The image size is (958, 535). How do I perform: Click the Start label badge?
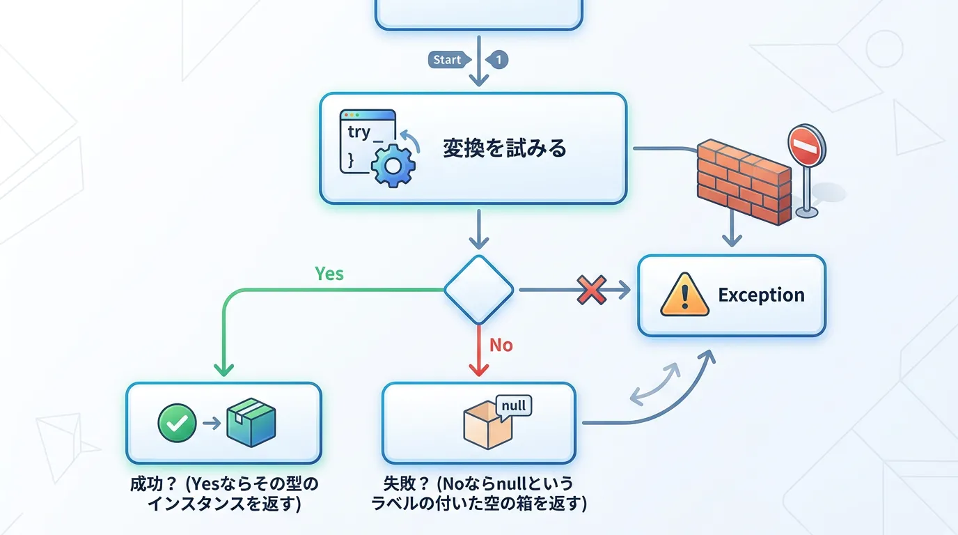click(447, 60)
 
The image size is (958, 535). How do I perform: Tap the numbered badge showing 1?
click(498, 60)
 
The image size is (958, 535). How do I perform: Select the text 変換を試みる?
click(505, 148)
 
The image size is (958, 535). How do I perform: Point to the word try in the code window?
click(359, 132)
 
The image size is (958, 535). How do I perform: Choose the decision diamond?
click(479, 289)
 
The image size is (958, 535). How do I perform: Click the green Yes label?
click(329, 274)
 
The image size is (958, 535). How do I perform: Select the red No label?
click(501, 345)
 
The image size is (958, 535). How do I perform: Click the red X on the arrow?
click(591, 289)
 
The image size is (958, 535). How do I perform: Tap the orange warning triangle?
click(684, 295)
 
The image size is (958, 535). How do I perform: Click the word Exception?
click(761, 295)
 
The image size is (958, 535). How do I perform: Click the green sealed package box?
click(251, 422)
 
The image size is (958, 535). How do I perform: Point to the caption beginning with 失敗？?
click(479, 493)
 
